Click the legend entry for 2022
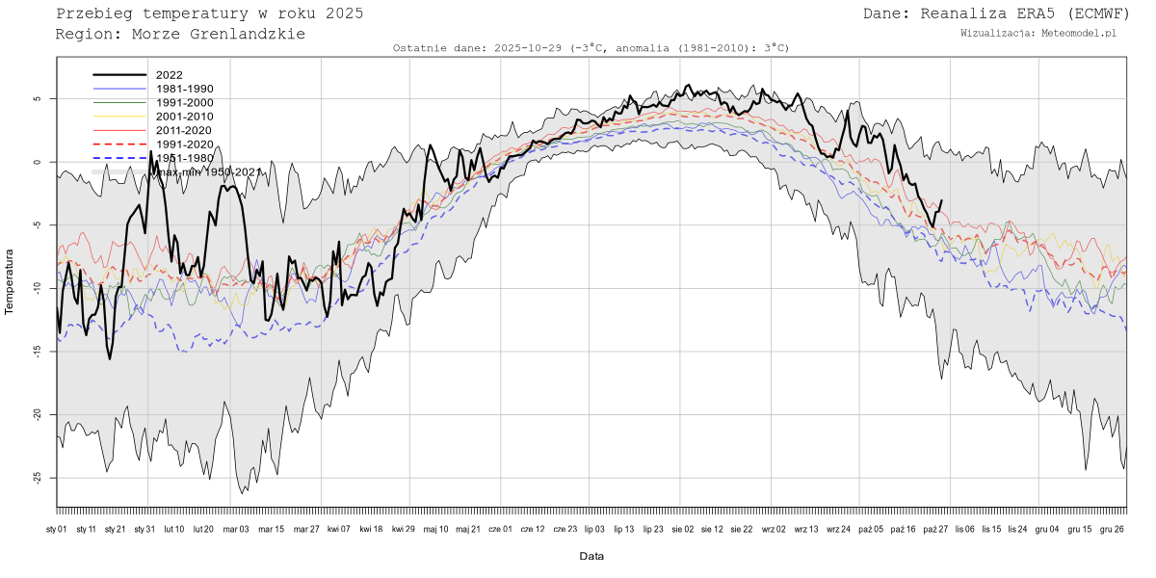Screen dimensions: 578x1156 170,75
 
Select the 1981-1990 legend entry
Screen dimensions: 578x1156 184,89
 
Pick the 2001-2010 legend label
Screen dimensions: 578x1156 184,117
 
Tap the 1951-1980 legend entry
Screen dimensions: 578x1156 184,158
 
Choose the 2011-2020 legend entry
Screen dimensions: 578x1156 184,130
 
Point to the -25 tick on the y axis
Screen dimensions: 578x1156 38,478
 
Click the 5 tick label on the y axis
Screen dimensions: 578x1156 38,99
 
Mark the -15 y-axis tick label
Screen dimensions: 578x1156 38,352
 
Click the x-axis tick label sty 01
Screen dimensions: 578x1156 57,529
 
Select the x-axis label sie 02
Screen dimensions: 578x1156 681,529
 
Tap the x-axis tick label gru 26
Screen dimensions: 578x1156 1112,529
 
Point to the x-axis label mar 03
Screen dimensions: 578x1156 236,529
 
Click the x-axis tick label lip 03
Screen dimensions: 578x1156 594,529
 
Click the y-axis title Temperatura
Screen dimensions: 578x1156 10,282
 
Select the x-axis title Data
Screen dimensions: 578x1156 591,557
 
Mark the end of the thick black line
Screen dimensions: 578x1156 942,200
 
